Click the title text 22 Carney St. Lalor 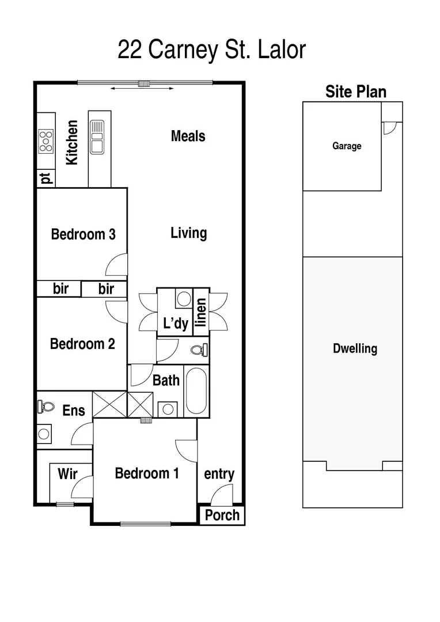(x=211, y=50)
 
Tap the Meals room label (x=188, y=136)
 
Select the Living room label (x=188, y=233)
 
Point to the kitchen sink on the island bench (x=96, y=137)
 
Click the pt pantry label (x=46, y=179)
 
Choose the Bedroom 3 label (x=83, y=234)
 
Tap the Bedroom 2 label (x=82, y=344)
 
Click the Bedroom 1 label (x=147, y=473)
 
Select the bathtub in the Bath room (x=196, y=391)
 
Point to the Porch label (x=222, y=515)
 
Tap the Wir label (x=67, y=474)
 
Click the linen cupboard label (x=200, y=313)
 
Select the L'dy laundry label (x=175, y=324)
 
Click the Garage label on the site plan (x=347, y=146)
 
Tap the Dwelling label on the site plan (x=355, y=348)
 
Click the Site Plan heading (x=355, y=92)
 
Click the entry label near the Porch (x=219, y=474)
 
